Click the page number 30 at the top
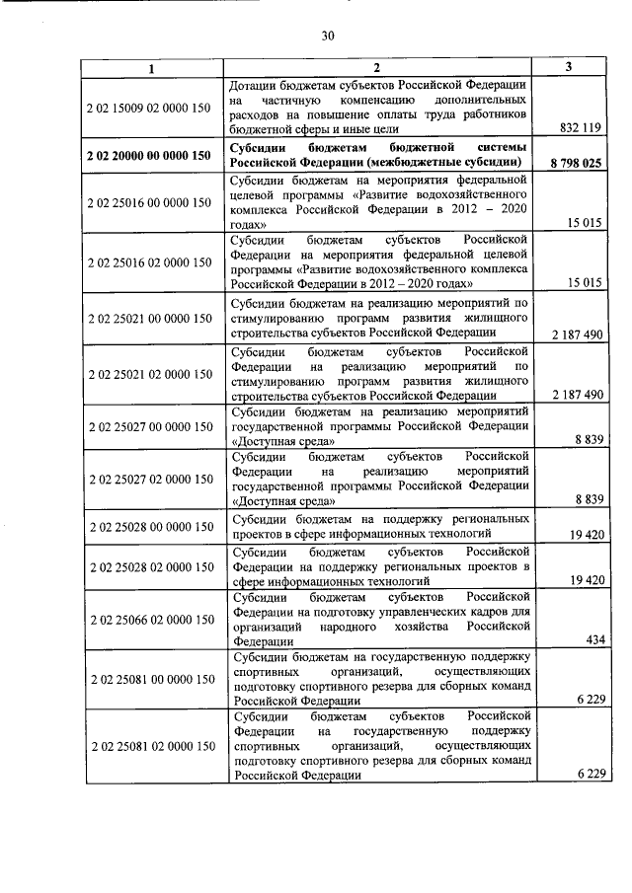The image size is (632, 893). pyautogui.click(x=329, y=37)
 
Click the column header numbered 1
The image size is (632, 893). pyautogui.click(x=151, y=68)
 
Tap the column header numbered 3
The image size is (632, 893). pyautogui.click(x=570, y=67)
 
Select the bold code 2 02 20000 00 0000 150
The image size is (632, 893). pyautogui.click(x=149, y=156)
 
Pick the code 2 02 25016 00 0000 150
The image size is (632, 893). pyautogui.click(x=149, y=202)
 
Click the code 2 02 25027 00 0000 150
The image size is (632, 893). pyautogui.click(x=149, y=426)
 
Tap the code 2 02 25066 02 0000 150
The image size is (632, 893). pyautogui.click(x=149, y=619)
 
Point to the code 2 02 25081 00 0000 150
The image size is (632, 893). pyautogui.click(x=149, y=679)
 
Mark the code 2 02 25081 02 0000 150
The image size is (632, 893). pyautogui.click(x=149, y=745)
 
